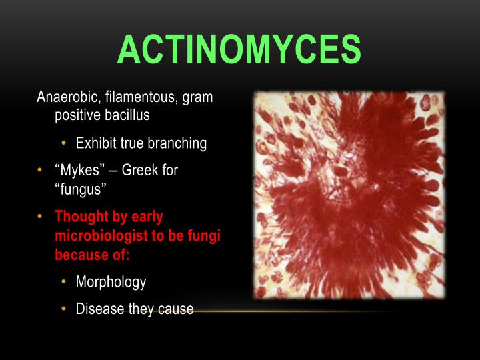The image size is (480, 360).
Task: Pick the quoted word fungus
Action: (81, 189)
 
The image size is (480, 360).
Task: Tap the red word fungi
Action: (205, 236)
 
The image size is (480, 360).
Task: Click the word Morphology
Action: (111, 282)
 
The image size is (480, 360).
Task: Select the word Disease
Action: (100, 309)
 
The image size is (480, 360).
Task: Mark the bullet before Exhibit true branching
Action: (63, 143)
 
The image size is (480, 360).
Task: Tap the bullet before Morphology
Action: (63, 282)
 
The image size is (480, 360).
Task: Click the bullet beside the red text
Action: (40, 217)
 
